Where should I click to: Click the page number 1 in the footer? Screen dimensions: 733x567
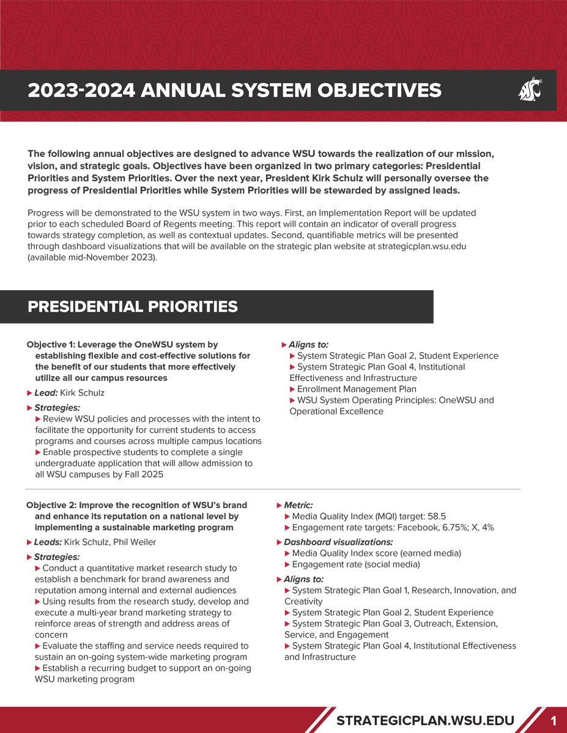(x=553, y=721)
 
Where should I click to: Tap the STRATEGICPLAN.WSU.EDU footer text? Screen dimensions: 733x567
(x=425, y=720)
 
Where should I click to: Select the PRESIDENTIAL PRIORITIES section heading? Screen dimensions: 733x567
(x=133, y=307)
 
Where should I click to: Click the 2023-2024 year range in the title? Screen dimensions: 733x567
(x=81, y=90)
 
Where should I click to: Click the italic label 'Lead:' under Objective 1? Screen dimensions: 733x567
(x=46, y=393)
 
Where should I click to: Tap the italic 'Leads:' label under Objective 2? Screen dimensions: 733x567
(x=48, y=542)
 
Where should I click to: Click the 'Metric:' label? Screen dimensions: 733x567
(x=298, y=505)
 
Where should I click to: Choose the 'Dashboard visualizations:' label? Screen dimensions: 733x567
(x=338, y=542)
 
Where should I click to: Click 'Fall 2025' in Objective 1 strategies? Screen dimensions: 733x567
(x=143, y=475)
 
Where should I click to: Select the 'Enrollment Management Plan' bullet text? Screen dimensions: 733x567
(x=357, y=389)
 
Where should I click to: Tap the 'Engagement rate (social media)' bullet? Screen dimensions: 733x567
(x=356, y=564)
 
